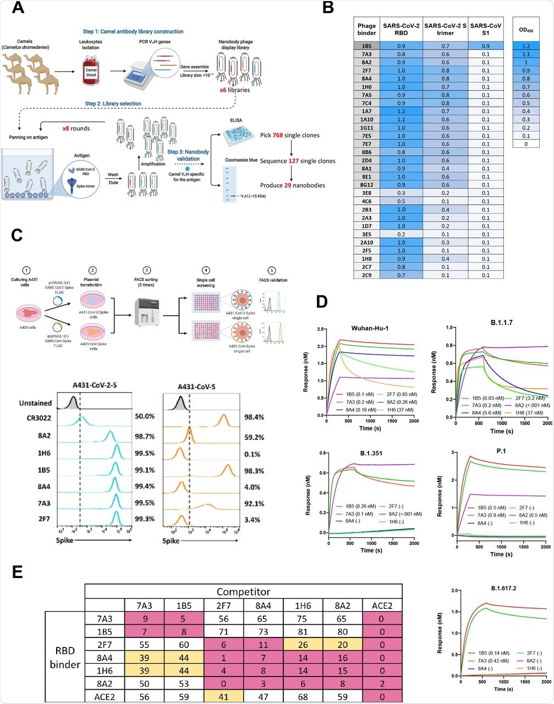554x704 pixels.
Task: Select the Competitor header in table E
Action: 242,591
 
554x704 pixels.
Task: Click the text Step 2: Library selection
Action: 113,103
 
